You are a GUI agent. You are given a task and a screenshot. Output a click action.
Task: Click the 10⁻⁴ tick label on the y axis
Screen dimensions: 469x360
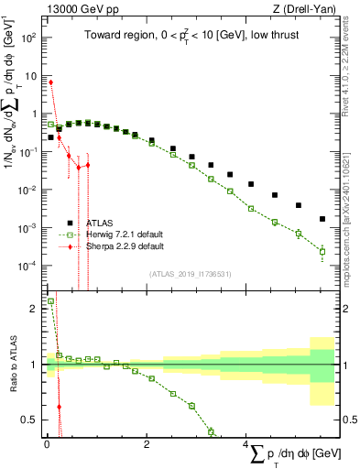[x=28, y=266]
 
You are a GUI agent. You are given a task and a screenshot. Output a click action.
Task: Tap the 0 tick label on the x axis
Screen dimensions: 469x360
[x=46, y=442]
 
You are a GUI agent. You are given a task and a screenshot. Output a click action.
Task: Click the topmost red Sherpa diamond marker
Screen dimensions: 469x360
[x=50, y=82]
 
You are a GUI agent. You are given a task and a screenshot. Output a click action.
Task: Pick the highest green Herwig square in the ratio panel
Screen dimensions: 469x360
[x=50, y=300]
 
